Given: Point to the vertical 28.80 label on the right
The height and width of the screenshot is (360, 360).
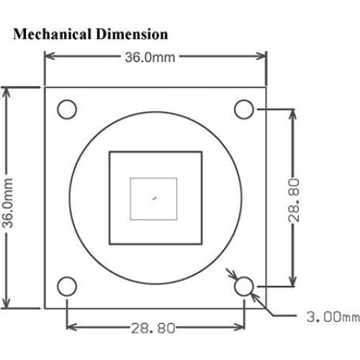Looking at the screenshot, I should coord(294,198).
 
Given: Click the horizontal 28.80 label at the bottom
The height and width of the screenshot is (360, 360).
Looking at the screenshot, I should coord(153,328).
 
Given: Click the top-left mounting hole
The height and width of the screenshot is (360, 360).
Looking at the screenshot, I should coord(66,109).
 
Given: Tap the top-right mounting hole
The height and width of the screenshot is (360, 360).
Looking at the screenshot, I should coord(245,109).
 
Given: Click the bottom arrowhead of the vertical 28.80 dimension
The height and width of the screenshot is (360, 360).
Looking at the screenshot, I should coord(293,284).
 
